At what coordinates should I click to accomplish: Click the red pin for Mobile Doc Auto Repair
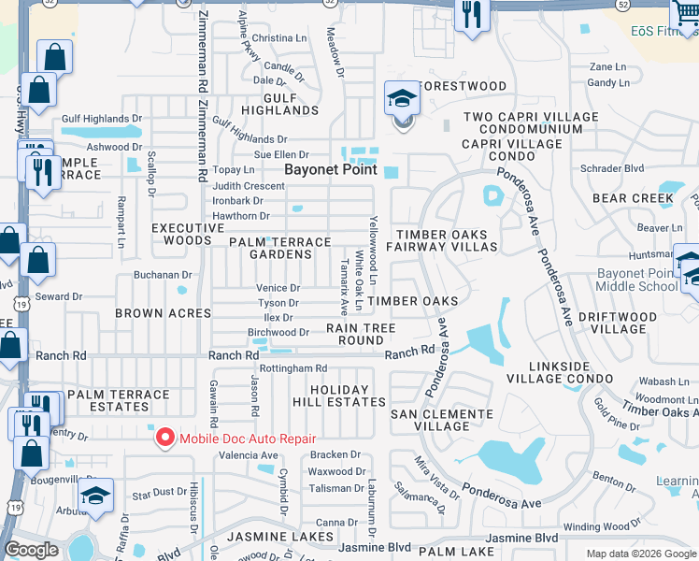click(x=165, y=438)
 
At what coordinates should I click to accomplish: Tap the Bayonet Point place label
click(x=331, y=169)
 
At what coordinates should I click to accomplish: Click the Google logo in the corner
click(x=31, y=550)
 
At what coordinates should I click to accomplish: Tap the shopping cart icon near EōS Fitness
click(x=683, y=15)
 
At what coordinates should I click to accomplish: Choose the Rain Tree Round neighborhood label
click(x=361, y=334)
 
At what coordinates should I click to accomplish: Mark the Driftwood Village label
click(x=625, y=324)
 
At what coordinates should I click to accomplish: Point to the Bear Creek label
click(x=633, y=198)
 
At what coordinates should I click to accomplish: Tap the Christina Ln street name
click(x=273, y=38)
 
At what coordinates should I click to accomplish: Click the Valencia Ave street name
click(x=249, y=455)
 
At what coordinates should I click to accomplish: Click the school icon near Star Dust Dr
click(x=95, y=496)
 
